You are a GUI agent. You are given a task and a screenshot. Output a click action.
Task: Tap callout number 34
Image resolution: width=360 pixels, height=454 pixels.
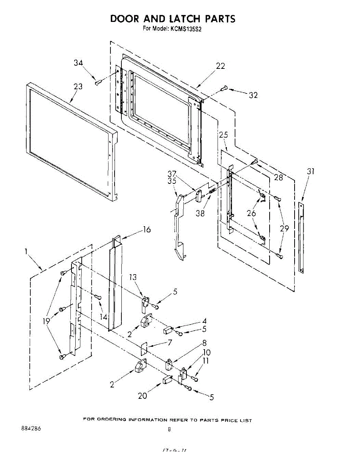tap(78, 63)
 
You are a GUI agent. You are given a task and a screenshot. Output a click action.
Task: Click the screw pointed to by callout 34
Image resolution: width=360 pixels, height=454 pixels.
tap(98, 82)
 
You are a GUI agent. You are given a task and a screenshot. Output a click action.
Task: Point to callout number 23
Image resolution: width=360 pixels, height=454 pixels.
tap(78, 87)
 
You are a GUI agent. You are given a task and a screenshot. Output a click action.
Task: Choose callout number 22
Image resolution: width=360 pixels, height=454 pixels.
tap(220, 66)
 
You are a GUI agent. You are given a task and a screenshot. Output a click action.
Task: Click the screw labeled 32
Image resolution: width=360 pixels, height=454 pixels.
tap(223, 88)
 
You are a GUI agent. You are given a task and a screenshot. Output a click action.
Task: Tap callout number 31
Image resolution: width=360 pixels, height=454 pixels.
tap(310, 171)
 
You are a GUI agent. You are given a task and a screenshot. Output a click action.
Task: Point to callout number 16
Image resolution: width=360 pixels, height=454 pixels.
tap(146, 230)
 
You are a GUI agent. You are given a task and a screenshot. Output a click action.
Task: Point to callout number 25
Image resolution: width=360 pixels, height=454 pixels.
tap(223, 134)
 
